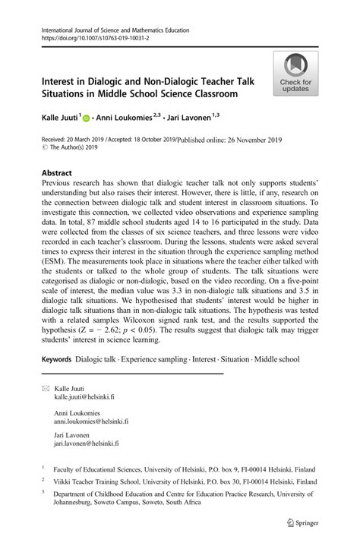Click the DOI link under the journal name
pyautogui.click(x=85, y=36)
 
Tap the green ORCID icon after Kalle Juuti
pyautogui.click(x=86, y=118)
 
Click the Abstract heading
pyautogui.click(x=60, y=173)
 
